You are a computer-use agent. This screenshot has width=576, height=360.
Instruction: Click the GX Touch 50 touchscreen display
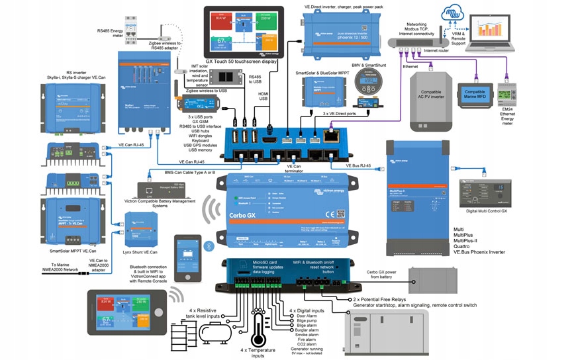point(244,32)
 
